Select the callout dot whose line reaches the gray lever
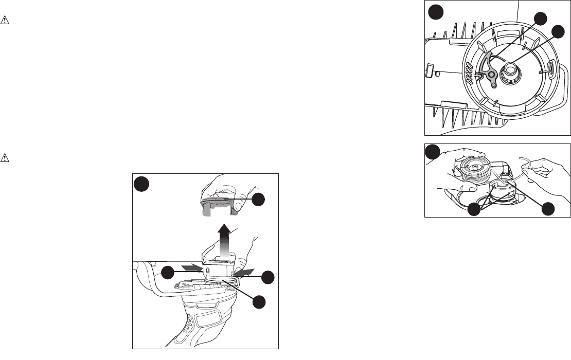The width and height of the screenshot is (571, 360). (x=540, y=19)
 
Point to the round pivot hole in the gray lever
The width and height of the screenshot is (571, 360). (x=492, y=75)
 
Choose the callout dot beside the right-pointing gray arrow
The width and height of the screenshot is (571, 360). (x=167, y=274)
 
